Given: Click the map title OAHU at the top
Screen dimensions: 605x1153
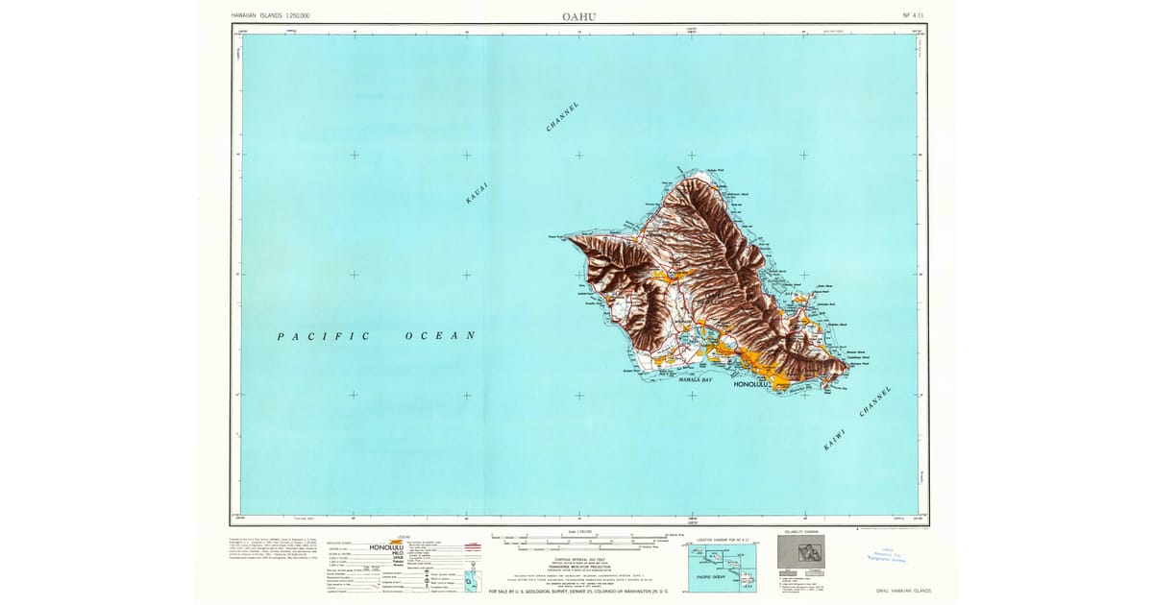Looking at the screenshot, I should pyautogui.click(x=577, y=15).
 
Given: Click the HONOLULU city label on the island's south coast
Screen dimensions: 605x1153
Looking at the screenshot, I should pyautogui.click(x=752, y=385).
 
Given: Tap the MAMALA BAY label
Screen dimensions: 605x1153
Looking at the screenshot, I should pyautogui.click(x=695, y=380).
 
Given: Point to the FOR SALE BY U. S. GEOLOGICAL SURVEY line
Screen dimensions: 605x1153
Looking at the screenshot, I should pyautogui.click(x=577, y=591).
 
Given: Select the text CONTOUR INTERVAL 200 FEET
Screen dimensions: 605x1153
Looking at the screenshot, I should pyautogui.click(x=576, y=558).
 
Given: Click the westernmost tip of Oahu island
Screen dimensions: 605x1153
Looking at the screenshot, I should pyautogui.click(x=568, y=234).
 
